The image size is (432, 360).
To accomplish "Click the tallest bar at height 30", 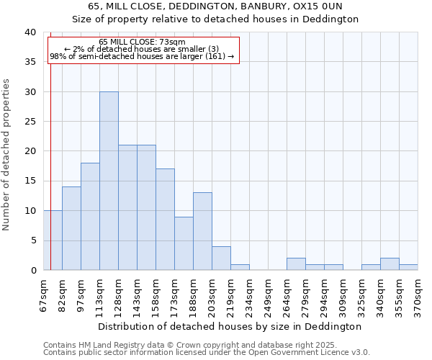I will pos(109,181).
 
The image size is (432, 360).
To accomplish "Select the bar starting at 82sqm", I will pos(71,228).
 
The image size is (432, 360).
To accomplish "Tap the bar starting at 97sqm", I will pos(90,216).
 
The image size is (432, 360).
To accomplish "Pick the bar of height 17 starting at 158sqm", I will pos(165,220).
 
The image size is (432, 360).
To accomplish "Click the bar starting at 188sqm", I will pos(202,231).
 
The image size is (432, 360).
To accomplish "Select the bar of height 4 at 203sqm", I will pos(221,258).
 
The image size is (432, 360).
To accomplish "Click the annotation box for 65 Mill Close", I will pos(143,50).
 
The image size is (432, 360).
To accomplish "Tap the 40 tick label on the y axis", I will pos(30,32).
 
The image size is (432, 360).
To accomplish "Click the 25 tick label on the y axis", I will pos(30,122).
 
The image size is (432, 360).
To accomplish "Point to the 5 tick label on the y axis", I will pos(32,240).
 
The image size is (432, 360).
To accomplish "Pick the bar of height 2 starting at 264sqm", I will pos(296,264).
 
